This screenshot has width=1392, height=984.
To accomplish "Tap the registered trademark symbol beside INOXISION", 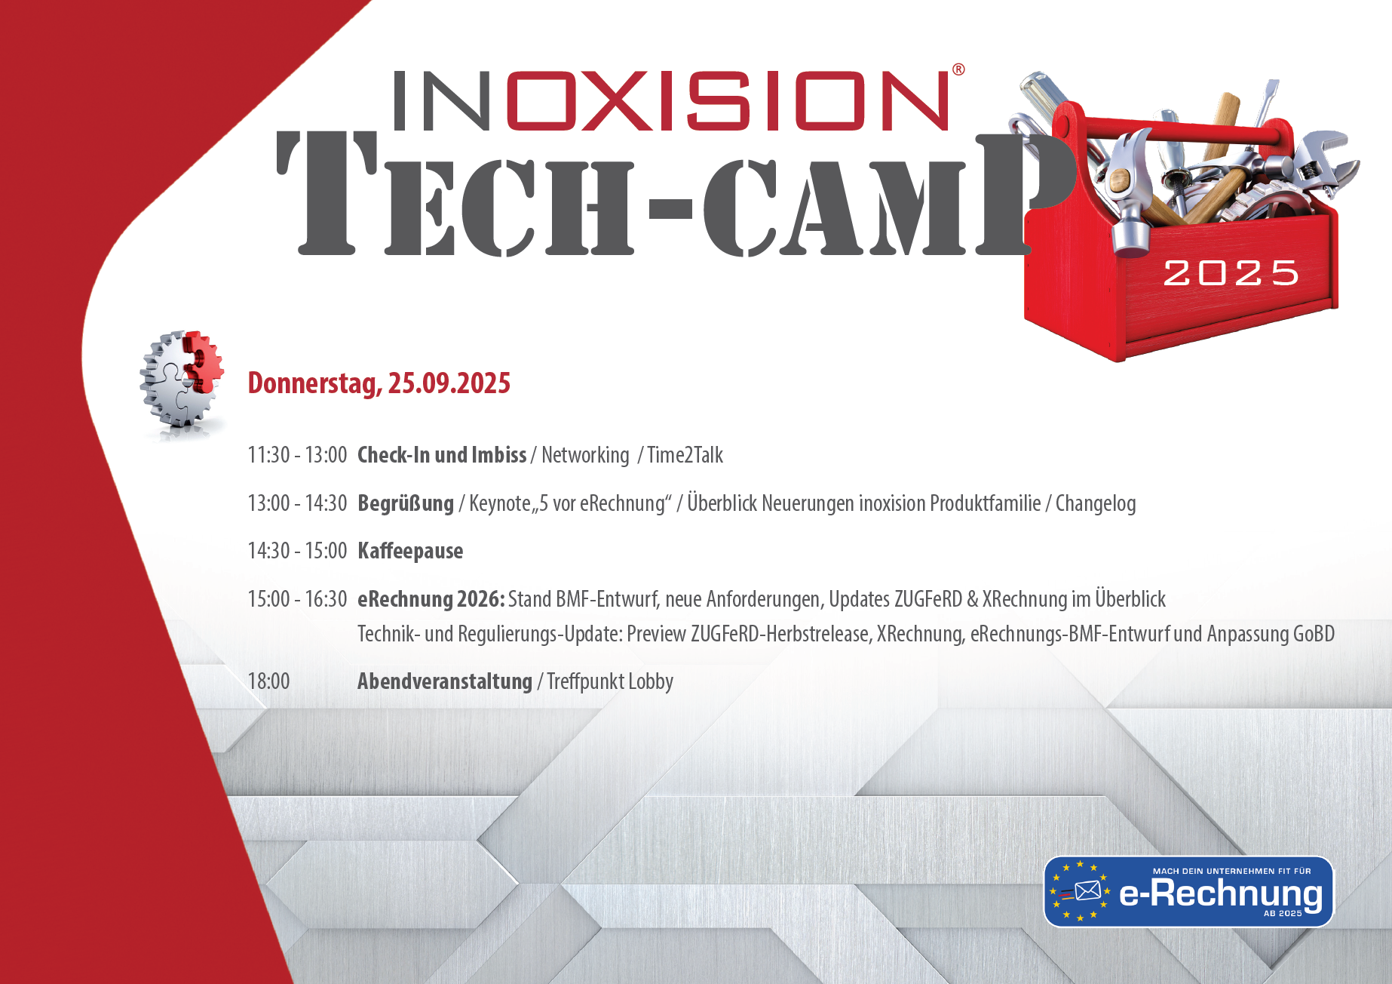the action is point(958,69).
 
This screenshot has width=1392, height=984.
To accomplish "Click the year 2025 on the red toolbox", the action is point(1231,272).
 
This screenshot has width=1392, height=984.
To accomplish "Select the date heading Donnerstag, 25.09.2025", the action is point(379,383).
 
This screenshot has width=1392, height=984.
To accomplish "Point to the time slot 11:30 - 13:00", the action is point(297,455).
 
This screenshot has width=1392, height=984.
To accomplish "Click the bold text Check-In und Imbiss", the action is point(442,455).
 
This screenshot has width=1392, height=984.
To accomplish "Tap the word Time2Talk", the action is point(685,455).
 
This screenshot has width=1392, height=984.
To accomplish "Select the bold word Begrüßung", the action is point(406,503).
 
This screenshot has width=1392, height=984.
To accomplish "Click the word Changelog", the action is point(1096,503).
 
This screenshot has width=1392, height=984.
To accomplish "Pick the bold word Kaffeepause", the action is point(410,551).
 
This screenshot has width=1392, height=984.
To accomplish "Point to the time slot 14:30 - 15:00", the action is point(297,551).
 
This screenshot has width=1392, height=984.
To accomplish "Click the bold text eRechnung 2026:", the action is point(431,599).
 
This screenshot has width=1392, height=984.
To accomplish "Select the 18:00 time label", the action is point(268,681).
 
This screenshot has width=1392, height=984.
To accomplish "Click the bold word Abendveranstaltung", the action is point(445,681).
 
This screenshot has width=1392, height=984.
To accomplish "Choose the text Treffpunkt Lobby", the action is point(610,681).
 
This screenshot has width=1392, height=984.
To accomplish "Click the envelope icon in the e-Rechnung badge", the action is point(1087,891).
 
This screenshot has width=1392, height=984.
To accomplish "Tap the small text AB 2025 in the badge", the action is point(1283,913).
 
